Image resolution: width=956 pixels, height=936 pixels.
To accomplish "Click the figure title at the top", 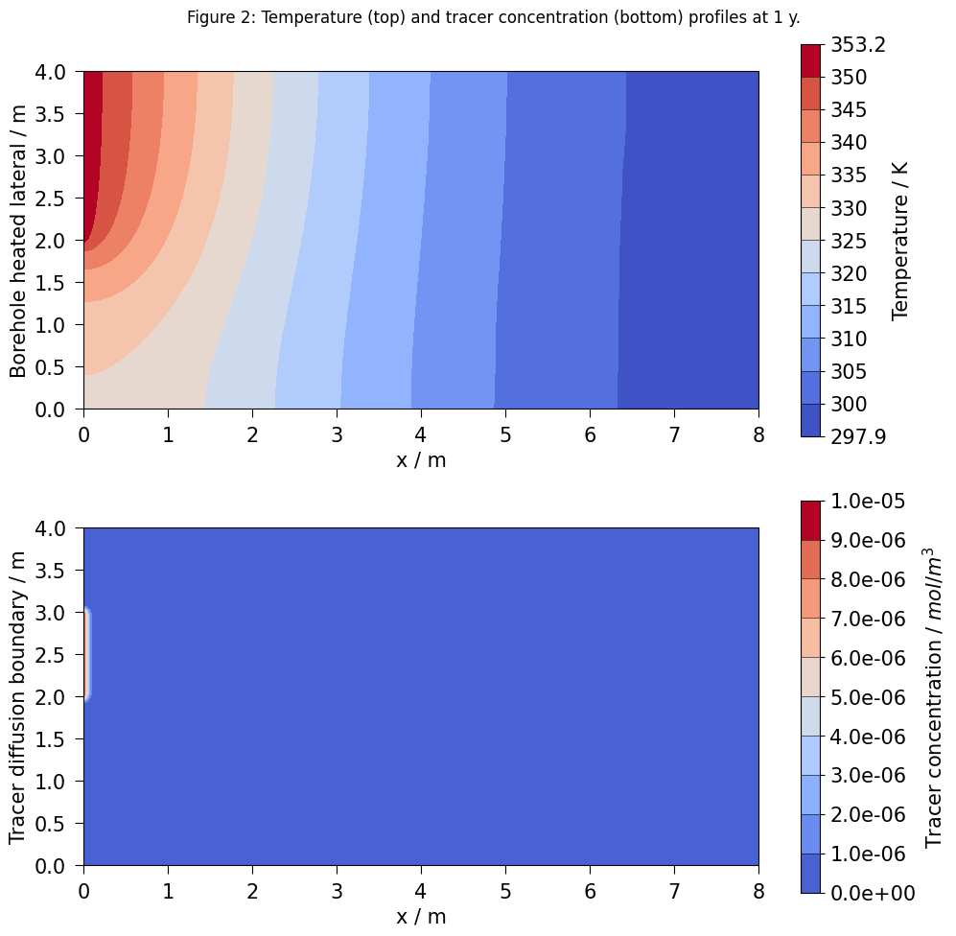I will click(x=478, y=16).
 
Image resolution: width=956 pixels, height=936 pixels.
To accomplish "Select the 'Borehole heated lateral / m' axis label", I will click(x=18, y=240).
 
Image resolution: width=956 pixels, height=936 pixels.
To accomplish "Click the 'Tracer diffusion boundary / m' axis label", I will click(x=18, y=696).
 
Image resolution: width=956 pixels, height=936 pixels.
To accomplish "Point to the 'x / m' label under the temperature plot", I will click(x=421, y=459).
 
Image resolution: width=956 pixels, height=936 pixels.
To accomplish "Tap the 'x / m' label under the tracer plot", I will click(x=421, y=916).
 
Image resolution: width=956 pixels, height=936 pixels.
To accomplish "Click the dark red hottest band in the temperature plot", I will click(x=92, y=144).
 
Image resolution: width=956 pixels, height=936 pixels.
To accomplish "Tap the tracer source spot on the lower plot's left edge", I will click(x=86, y=654).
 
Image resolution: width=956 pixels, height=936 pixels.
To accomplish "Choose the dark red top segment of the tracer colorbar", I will click(x=811, y=520).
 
